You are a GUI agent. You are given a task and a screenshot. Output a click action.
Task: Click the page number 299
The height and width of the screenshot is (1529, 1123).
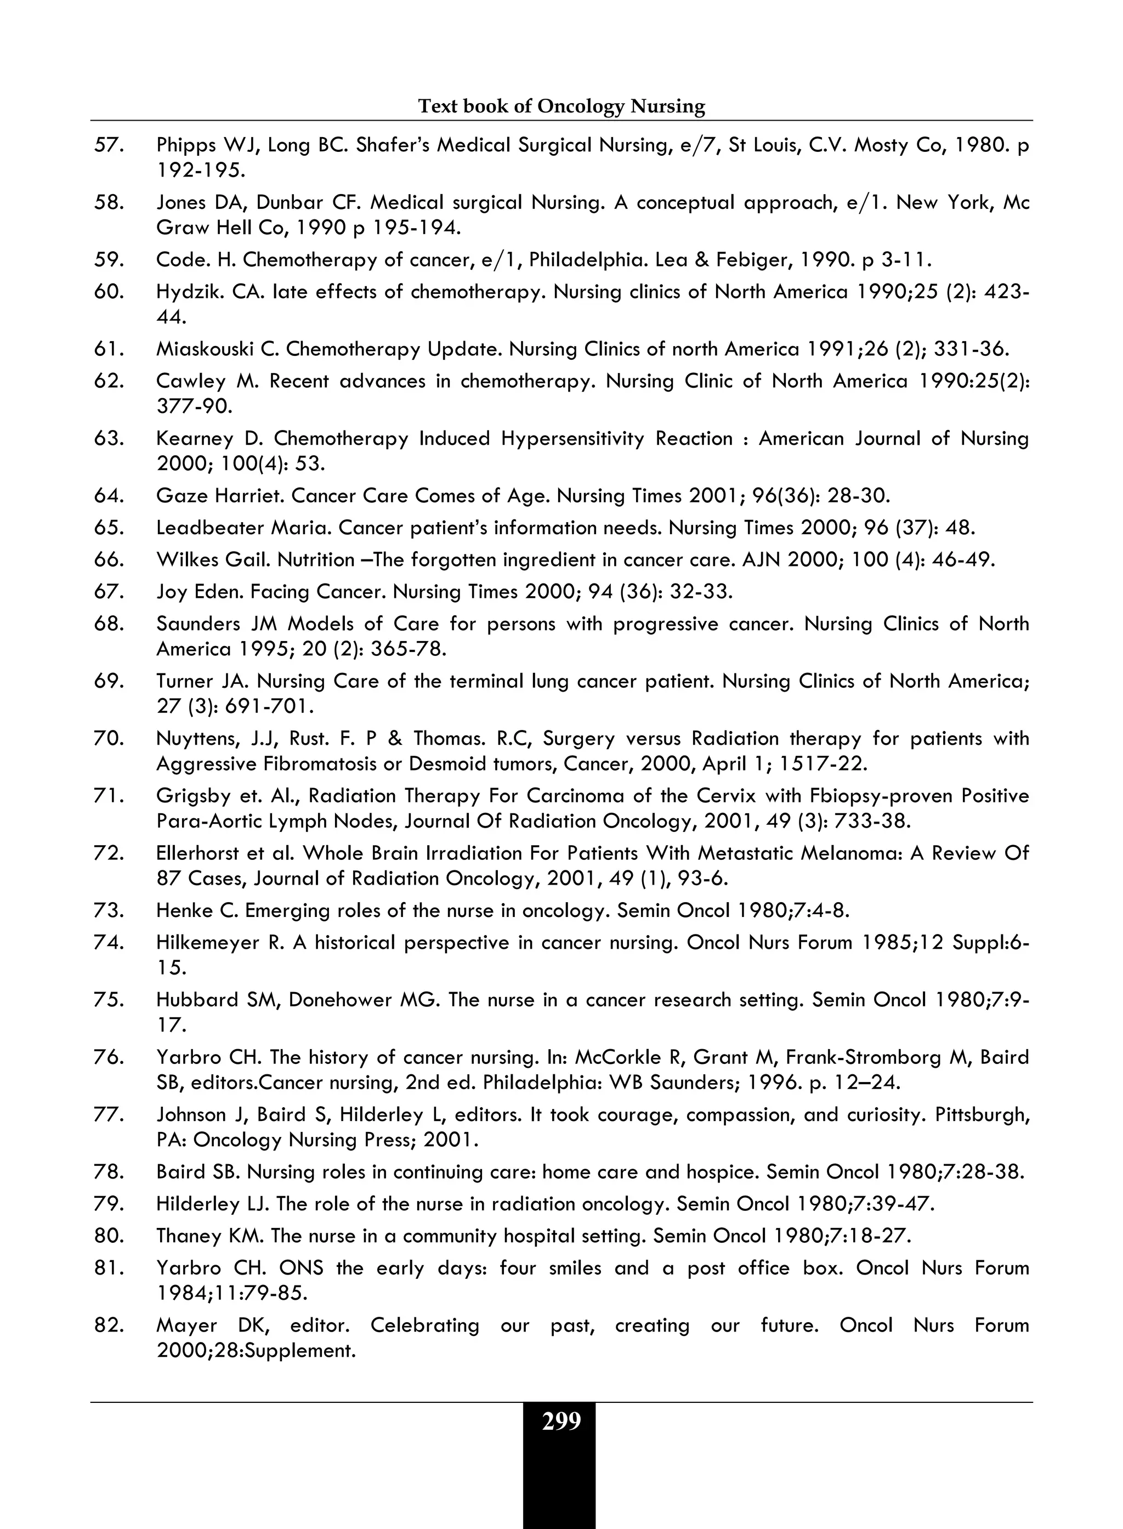pos(561,1422)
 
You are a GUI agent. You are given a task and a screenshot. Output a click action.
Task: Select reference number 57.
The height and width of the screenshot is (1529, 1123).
pos(109,145)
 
